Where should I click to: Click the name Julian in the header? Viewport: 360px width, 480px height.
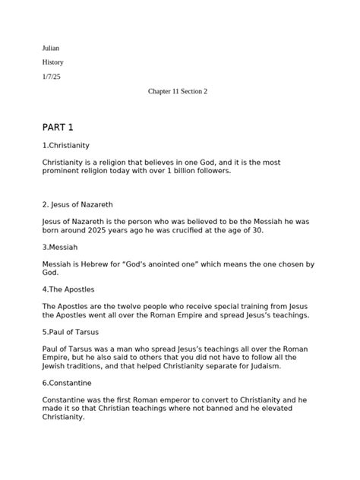[x=51, y=48]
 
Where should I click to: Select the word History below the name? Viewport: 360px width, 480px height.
[x=53, y=62]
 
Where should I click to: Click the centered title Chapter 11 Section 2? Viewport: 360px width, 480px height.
[x=178, y=91]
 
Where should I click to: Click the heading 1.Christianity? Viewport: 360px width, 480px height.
[x=66, y=144]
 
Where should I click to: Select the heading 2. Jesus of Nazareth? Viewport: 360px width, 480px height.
[x=81, y=204]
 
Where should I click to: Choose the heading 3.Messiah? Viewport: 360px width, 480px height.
[x=61, y=247]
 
